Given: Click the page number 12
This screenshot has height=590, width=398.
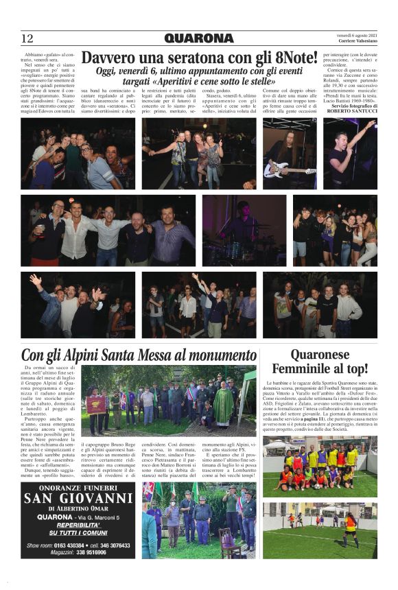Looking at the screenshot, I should tap(27, 38).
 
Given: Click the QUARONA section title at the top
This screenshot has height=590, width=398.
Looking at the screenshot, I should tap(198, 38).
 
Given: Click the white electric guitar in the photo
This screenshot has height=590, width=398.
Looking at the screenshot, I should tap(281, 169).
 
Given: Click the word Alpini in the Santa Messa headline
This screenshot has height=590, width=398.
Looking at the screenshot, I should tap(89, 355).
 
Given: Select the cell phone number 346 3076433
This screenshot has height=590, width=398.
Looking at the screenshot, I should tap(106, 546).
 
